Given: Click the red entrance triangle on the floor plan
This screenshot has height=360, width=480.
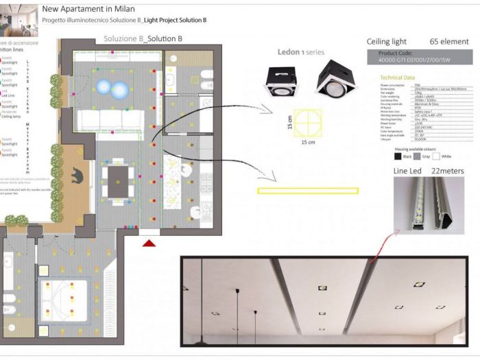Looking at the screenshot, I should [149, 243].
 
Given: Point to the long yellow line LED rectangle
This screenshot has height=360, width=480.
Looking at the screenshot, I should [308, 191].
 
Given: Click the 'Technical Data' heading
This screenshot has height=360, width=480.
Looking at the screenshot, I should [397, 77].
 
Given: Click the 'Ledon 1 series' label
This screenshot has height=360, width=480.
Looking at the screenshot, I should [300, 52].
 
